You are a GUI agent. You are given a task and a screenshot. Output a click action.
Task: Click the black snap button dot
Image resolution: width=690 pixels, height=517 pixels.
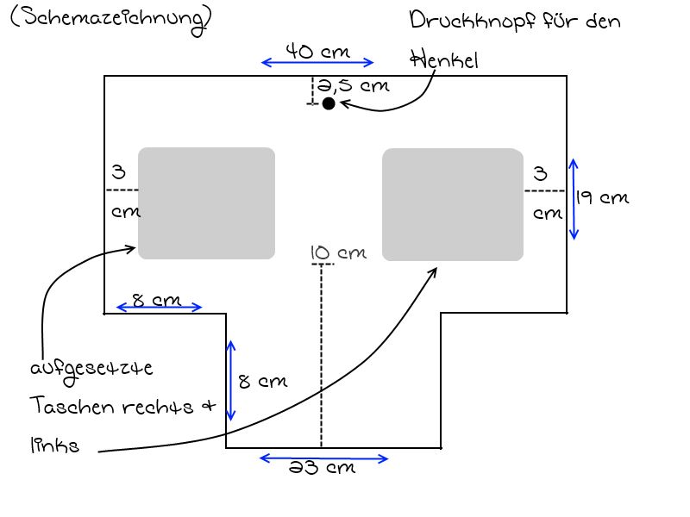[x=329, y=103]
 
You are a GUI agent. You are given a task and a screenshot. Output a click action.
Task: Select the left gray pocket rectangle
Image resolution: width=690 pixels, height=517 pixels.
[x=206, y=203]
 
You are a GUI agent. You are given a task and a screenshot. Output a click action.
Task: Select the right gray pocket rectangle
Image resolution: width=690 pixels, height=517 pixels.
[x=453, y=204]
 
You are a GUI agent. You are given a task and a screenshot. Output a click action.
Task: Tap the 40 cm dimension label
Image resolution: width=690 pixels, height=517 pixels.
[x=317, y=51]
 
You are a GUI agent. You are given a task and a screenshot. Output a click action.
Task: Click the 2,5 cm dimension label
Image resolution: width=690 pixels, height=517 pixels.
[x=353, y=84]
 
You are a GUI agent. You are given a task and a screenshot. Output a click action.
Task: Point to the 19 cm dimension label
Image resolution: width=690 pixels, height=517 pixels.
[x=602, y=197]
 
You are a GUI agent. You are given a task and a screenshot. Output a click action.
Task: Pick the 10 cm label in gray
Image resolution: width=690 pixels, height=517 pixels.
[x=338, y=252]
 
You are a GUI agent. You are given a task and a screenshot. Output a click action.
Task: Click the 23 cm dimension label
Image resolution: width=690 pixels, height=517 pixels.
[x=322, y=467]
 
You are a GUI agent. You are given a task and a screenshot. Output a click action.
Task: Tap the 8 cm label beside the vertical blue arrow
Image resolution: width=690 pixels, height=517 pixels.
[x=263, y=381]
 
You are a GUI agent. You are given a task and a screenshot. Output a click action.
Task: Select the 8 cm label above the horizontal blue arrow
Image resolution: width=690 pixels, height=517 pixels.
[x=157, y=300]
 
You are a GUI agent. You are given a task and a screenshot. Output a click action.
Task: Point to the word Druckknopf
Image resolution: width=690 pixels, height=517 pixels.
[x=472, y=21]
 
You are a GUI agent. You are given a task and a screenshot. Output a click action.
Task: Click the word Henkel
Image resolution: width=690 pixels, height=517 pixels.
[x=444, y=59]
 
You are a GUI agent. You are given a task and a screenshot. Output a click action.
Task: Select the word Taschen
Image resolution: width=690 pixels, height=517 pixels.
[x=72, y=405]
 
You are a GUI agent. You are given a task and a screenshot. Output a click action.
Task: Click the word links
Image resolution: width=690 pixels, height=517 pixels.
[x=54, y=445]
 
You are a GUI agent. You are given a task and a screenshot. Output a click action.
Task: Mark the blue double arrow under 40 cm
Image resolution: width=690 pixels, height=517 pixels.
[x=317, y=62]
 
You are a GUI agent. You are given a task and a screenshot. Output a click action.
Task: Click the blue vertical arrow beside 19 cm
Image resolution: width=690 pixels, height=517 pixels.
[x=573, y=199]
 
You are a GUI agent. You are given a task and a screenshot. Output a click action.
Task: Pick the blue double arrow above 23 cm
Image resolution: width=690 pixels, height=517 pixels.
[x=324, y=458]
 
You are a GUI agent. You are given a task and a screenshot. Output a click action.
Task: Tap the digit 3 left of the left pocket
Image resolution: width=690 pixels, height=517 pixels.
[x=118, y=171]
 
